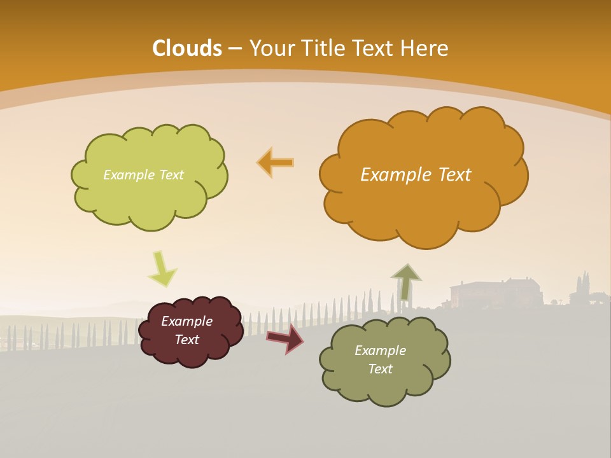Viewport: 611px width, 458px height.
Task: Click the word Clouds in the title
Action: tap(187, 48)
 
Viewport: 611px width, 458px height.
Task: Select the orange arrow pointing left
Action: tap(276, 163)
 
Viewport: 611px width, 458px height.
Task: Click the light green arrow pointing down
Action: tap(162, 269)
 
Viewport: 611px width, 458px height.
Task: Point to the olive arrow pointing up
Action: tap(405, 282)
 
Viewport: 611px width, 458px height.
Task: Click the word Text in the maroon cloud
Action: tap(186, 340)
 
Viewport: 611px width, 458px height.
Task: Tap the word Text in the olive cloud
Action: tap(380, 369)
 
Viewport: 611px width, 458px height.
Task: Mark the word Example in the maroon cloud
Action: tap(186, 321)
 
